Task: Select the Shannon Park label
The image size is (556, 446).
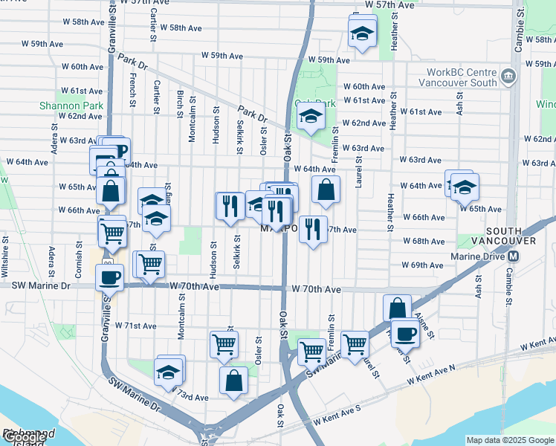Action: pyautogui.click(x=71, y=106)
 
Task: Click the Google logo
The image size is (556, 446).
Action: pyautogui.click(x=24, y=437)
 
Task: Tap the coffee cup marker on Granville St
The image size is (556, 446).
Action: pyautogui.click(x=110, y=278)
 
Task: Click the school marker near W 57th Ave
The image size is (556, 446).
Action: pyautogui.click(x=362, y=34)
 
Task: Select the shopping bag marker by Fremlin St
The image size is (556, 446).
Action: pyautogui.click(x=326, y=190)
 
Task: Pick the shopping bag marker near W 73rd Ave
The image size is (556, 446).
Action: pyautogui.click(x=233, y=380)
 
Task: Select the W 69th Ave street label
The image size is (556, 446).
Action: pyautogui.click(x=422, y=265)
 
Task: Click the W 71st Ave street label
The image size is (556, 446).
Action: pyautogui.click(x=135, y=326)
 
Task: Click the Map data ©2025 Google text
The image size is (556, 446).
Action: pyautogui.click(x=510, y=440)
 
